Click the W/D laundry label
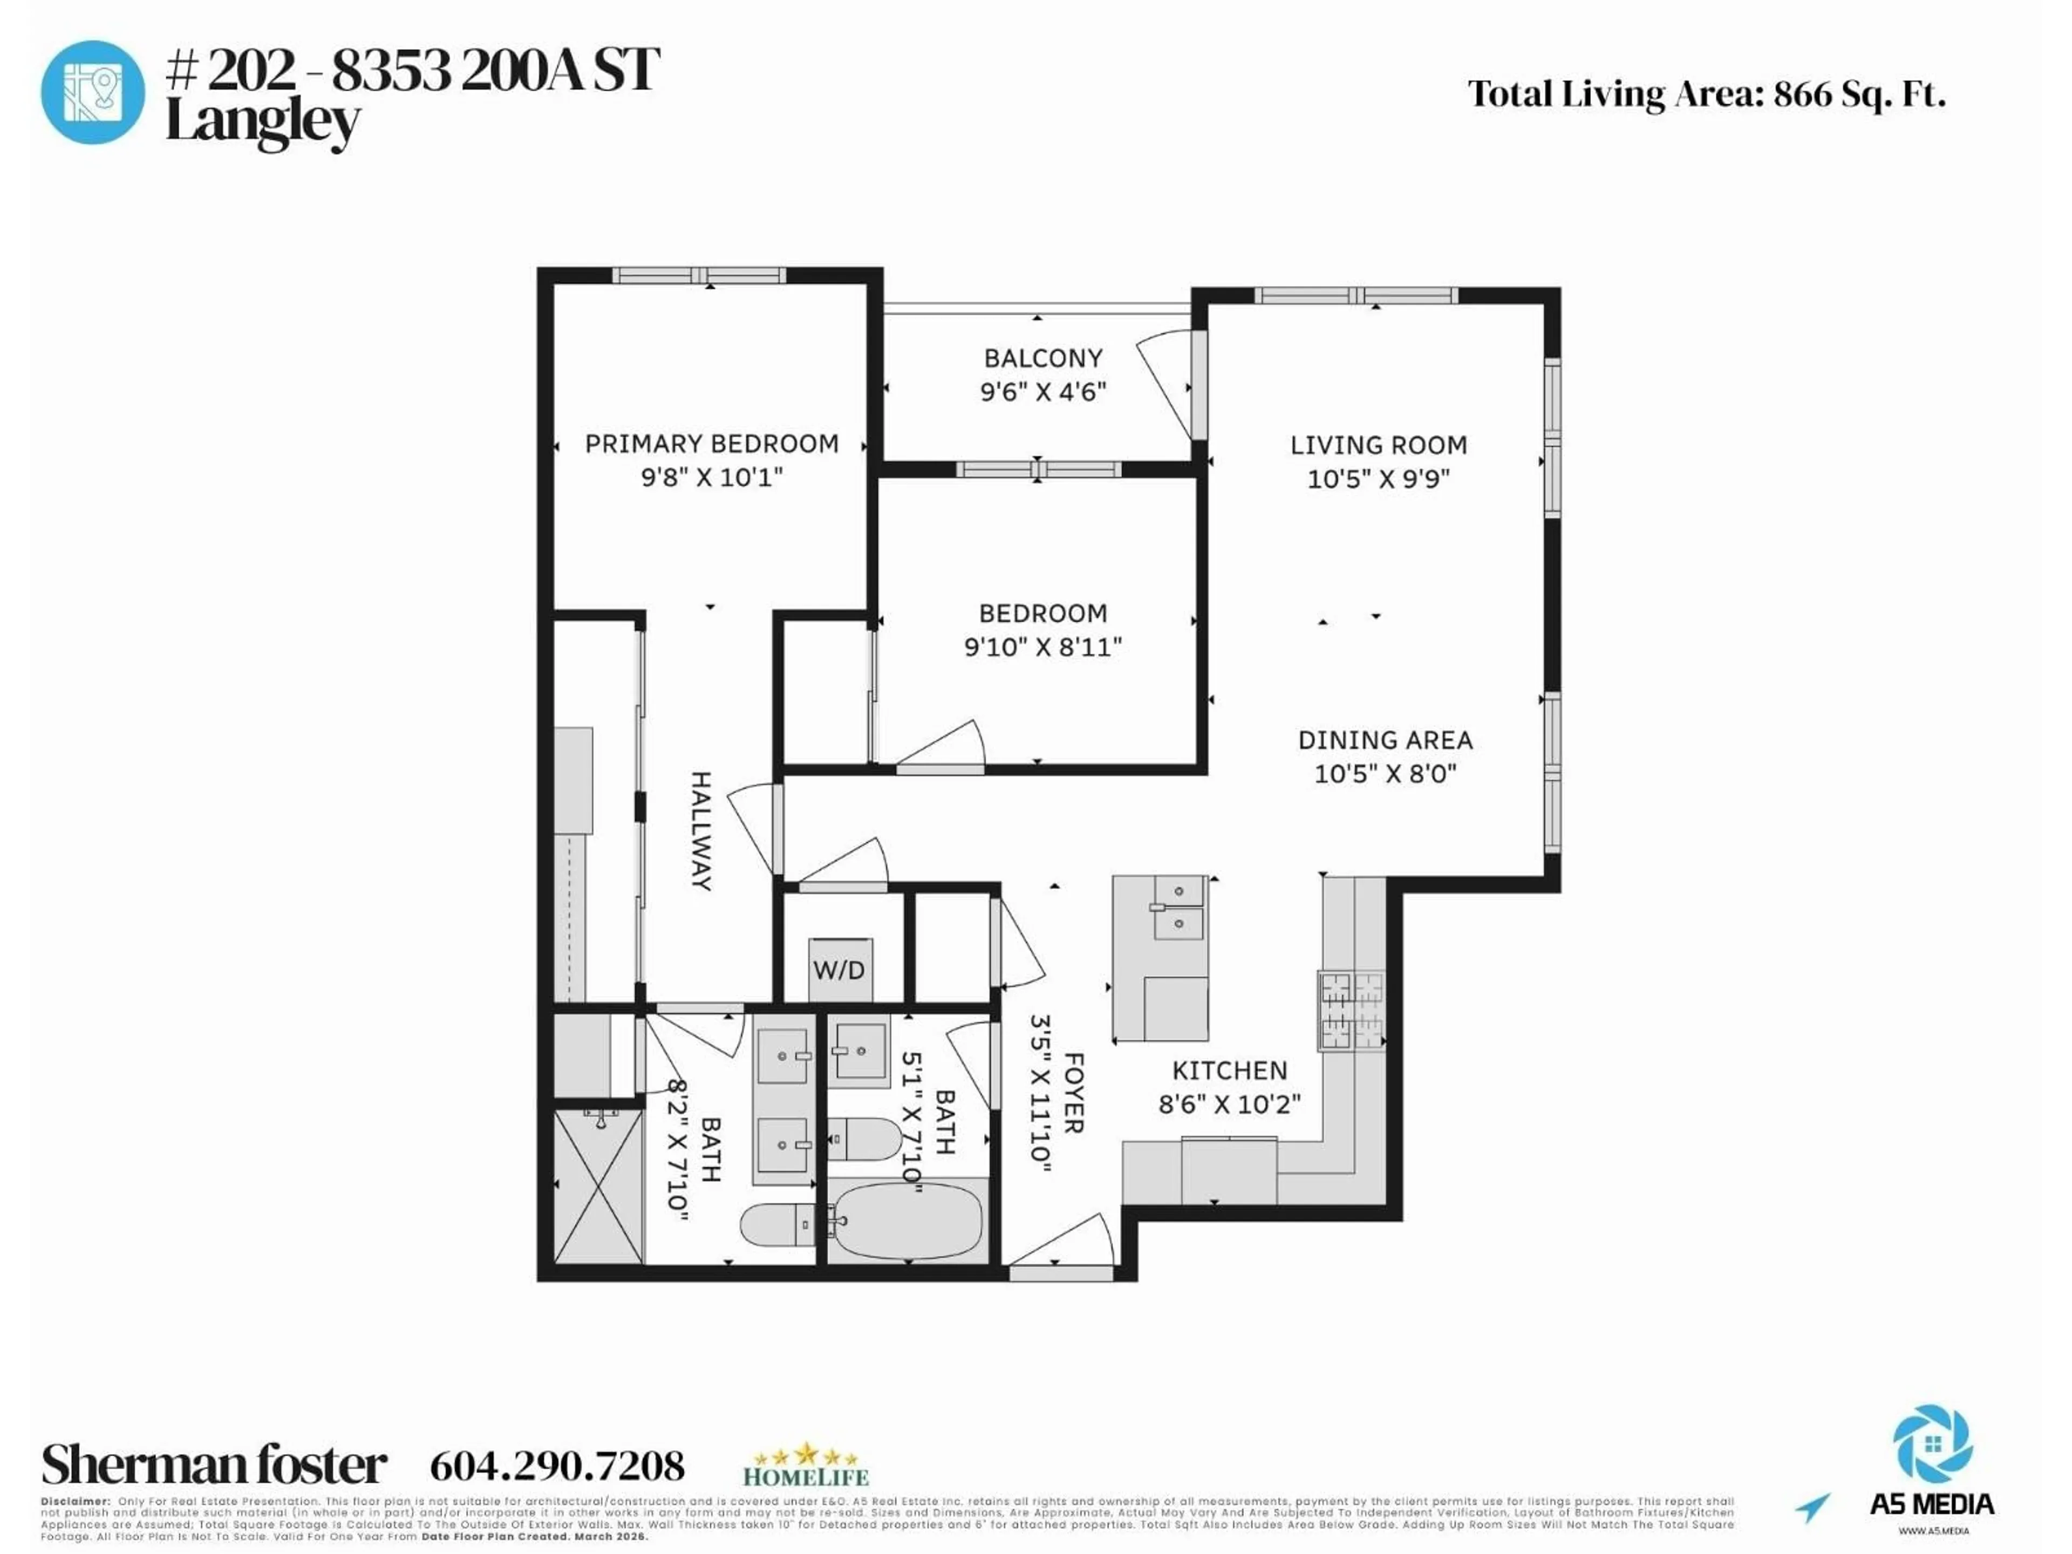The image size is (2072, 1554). (x=839, y=970)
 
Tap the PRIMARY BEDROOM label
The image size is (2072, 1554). (x=712, y=444)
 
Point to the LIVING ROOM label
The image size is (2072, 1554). (x=1378, y=446)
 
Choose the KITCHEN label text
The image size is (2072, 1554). (x=1229, y=1071)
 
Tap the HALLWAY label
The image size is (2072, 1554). (x=701, y=831)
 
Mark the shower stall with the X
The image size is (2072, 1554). (x=598, y=1186)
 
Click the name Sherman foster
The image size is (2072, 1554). (x=214, y=1465)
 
